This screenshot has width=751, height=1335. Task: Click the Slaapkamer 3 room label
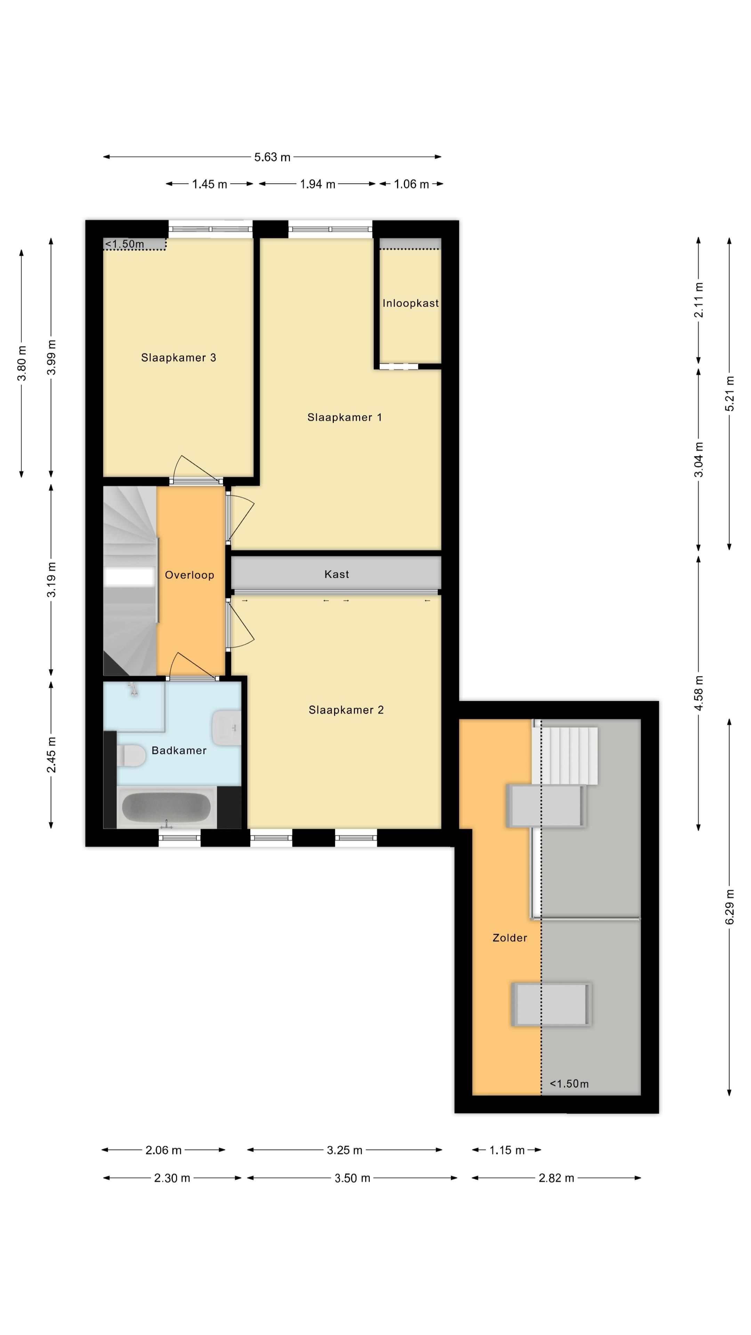click(178, 358)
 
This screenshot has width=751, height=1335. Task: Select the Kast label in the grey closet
click(336, 574)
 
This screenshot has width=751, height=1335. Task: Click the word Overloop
click(189, 575)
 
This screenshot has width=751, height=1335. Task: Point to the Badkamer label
click(179, 751)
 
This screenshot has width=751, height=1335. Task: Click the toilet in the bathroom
click(131, 755)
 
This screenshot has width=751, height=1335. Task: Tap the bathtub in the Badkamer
click(166, 807)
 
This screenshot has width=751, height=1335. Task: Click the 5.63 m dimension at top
click(272, 157)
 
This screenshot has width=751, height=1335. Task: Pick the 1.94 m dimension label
click(317, 184)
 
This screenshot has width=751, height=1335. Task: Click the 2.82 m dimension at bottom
click(556, 1178)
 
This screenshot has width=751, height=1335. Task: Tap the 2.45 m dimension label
click(51, 754)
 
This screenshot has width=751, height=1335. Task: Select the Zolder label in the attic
click(509, 938)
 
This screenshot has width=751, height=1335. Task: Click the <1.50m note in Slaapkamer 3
click(124, 244)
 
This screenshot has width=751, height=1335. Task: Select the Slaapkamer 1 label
click(344, 417)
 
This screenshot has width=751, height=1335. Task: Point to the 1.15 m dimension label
click(507, 1150)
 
